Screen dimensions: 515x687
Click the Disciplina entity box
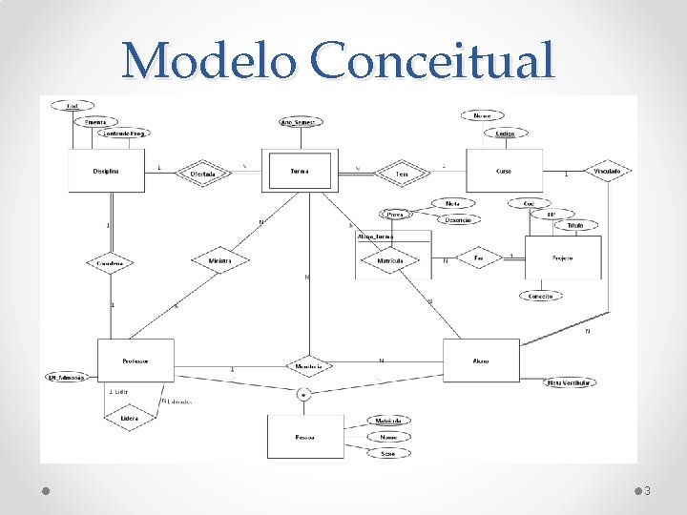(106, 172)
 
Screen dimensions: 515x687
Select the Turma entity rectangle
(300, 172)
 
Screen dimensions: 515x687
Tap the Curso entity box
(504, 172)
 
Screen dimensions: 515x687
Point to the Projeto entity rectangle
(563, 257)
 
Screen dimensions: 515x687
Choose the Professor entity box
(135, 361)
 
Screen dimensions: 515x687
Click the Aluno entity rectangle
(480, 361)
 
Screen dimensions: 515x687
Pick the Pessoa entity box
(305, 438)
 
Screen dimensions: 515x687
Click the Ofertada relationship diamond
(202, 174)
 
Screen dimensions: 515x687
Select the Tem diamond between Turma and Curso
(402, 174)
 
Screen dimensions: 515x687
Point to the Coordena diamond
(109, 262)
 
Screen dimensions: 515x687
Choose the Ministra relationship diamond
(219, 260)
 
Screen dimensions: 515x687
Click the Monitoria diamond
(308, 366)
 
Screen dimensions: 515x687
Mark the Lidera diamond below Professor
(129, 418)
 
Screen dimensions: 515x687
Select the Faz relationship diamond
(480, 257)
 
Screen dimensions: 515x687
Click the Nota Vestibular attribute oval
(571, 382)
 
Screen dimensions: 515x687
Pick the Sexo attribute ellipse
(388, 453)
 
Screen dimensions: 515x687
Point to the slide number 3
(647, 490)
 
